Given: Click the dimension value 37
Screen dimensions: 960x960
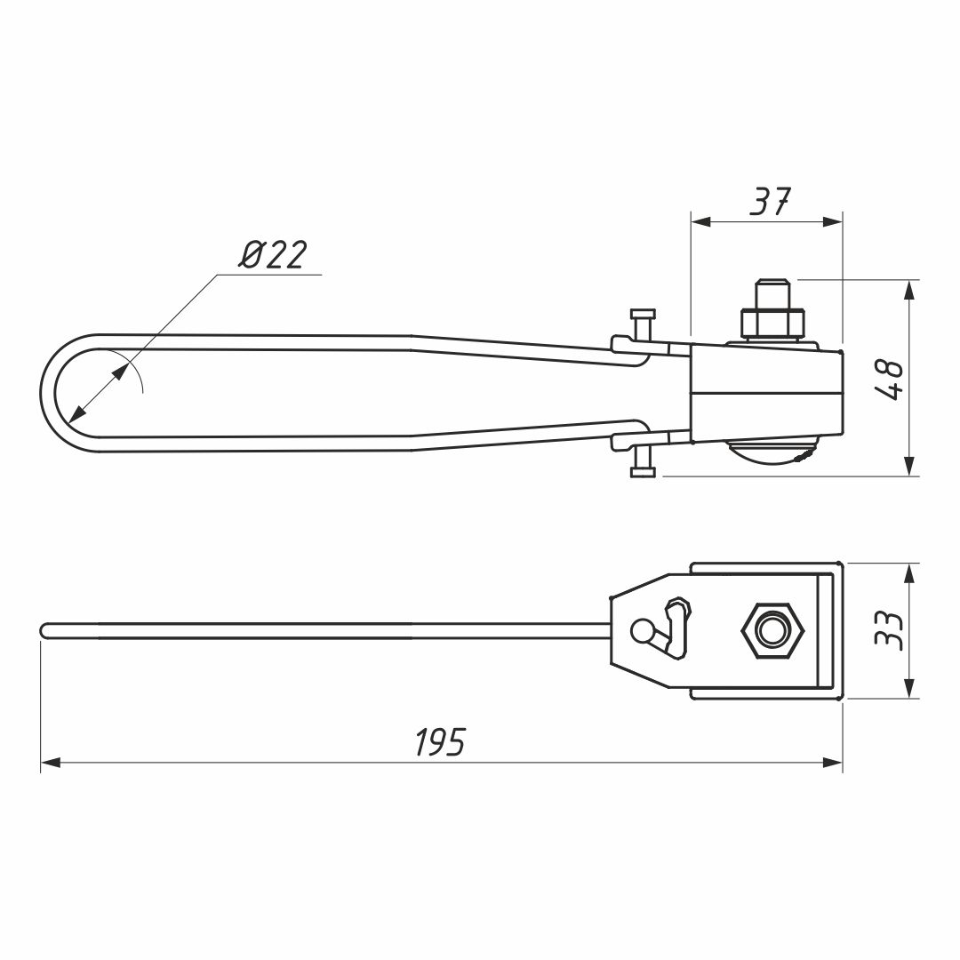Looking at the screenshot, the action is (771, 202).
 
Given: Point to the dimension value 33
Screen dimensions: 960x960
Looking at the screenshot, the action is (888, 630).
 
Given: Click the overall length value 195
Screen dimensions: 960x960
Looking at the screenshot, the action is (440, 741).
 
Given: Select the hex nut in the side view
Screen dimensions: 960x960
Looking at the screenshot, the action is (772, 324).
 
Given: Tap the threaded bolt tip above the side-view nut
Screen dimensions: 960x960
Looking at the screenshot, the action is (772, 294).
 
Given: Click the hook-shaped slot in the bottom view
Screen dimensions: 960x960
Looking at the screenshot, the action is (676, 628).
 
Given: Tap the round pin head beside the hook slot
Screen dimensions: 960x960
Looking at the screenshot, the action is (642, 630).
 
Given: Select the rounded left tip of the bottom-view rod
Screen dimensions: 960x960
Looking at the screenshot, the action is (44, 630).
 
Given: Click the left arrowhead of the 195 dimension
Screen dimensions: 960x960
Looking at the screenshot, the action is (50, 763).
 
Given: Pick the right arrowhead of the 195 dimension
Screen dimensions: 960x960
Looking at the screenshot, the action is (833, 763).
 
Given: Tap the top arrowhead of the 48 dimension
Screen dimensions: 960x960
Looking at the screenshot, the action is (910, 290).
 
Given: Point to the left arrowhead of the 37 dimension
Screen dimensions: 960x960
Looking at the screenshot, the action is (701, 221).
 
